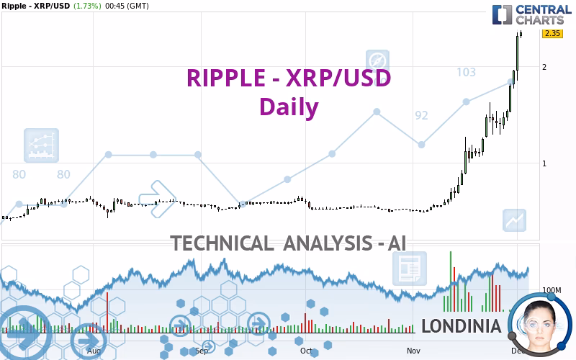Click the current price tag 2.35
[552, 33]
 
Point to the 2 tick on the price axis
[544, 67]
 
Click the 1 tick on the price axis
[544, 163]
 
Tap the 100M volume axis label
[552, 290]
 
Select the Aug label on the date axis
[94, 351]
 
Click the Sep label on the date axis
[202, 351]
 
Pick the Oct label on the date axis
[307, 351]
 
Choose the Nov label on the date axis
[413, 351]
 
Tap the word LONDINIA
[461, 326]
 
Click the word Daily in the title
[289, 107]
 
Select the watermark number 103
[466, 72]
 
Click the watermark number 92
[421, 115]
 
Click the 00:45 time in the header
[117, 6]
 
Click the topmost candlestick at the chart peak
[520, 34]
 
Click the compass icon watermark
[377, 61]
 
